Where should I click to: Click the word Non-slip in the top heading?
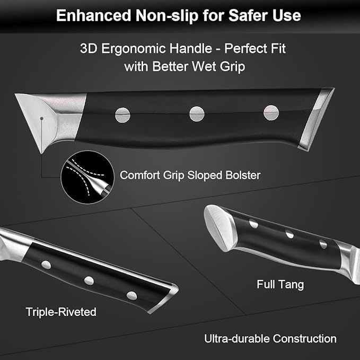click(x=167, y=15)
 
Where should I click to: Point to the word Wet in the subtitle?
click(x=204, y=66)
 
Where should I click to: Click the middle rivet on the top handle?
click(x=197, y=114)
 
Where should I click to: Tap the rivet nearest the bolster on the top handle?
click(x=122, y=115)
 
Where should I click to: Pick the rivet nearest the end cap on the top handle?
click(x=271, y=113)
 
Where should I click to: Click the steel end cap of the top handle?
click(x=317, y=119)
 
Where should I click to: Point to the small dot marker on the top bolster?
click(x=41, y=118)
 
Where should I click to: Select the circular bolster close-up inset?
click(x=87, y=177)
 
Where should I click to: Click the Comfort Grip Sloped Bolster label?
click(x=190, y=175)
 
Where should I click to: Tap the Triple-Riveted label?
click(x=61, y=312)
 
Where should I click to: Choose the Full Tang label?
click(x=280, y=285)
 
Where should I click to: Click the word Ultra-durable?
click(x=237, y=339)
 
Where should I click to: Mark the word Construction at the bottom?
click(x=305, y=339)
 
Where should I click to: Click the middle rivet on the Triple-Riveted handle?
click(x=89, y=280)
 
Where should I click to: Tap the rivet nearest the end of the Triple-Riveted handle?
click(x=132, y=296)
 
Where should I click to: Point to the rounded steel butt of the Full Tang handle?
click(x=219, y=228)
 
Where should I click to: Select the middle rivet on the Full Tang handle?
click(x=289, y=234)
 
